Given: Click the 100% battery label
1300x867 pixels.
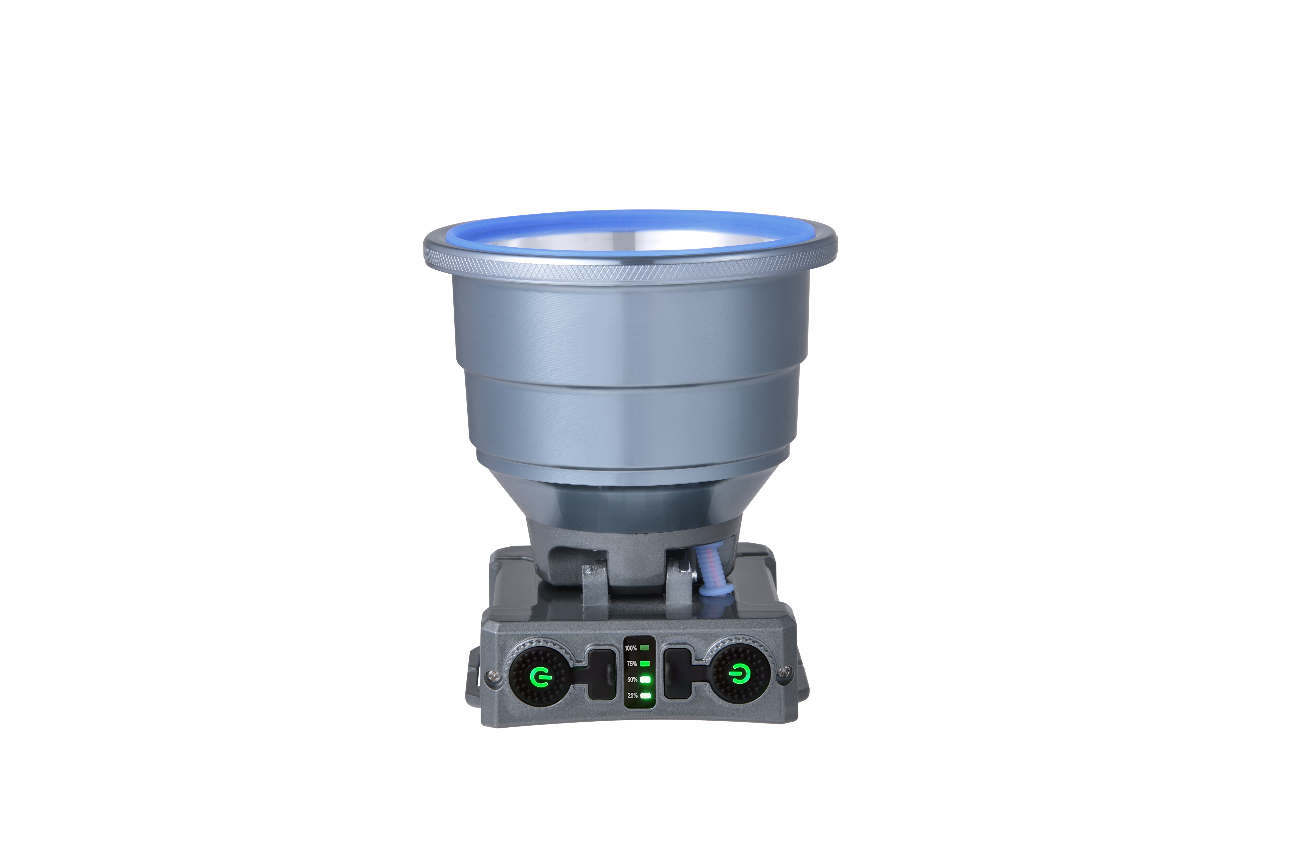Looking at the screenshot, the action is click(x=631, y=648).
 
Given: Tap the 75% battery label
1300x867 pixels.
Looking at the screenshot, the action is click(x=632, y=664).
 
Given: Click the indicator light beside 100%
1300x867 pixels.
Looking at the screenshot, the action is click(x=645, y=647).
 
